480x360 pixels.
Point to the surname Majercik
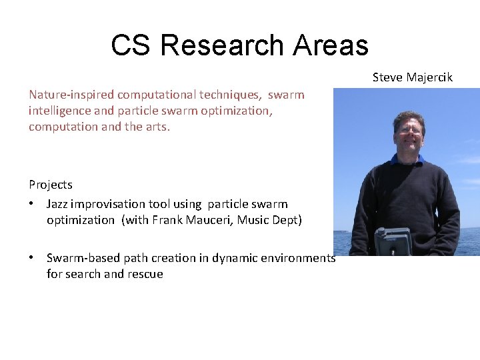coord(429,77)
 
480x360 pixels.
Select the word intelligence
coord(60,111)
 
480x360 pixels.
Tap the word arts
coord(157,127)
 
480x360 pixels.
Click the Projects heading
coord(51,185)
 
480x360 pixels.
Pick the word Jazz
coord(58,204)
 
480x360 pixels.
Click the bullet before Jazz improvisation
coord(31,204)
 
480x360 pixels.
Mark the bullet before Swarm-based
coord(31,258)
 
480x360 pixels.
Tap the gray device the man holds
coord(392,241)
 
